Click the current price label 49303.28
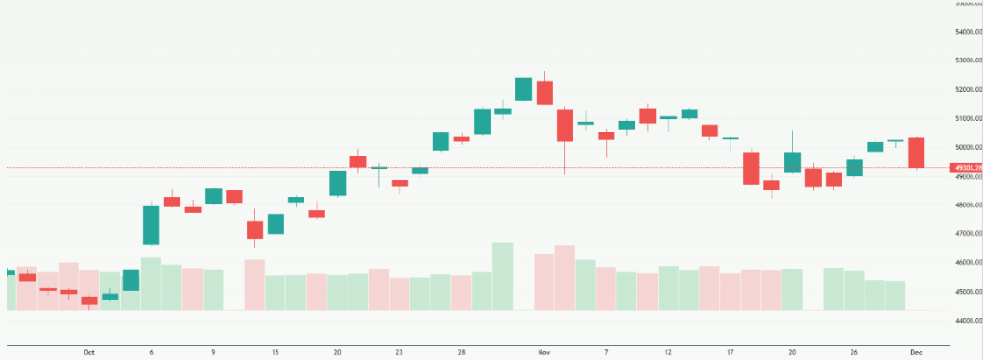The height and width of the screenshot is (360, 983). [965, 168]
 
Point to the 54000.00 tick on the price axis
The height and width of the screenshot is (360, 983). [965, 32]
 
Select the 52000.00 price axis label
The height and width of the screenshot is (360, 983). [965, 89]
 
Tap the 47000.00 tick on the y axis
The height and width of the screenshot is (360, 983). [965, 233]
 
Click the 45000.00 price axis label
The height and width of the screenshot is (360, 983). [965, 291]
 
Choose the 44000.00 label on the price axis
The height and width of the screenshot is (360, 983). [965, 320]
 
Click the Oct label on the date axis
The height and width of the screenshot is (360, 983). [89, 352]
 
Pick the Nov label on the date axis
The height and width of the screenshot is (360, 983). [544, 352]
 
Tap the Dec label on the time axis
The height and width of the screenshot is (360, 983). [916, 352]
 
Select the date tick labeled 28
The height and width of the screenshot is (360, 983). [462, 352]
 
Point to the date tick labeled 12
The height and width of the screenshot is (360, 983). [668, 352]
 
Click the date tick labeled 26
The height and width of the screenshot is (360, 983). [854, 352]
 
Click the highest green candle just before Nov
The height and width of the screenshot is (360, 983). [523, 88]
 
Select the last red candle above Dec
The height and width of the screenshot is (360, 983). [916, 153]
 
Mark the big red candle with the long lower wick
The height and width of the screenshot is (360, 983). [564, 126]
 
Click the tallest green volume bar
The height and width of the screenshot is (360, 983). [502, 276]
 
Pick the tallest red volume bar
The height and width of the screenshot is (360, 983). [564, 276]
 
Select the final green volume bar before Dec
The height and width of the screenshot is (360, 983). [896, 295]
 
